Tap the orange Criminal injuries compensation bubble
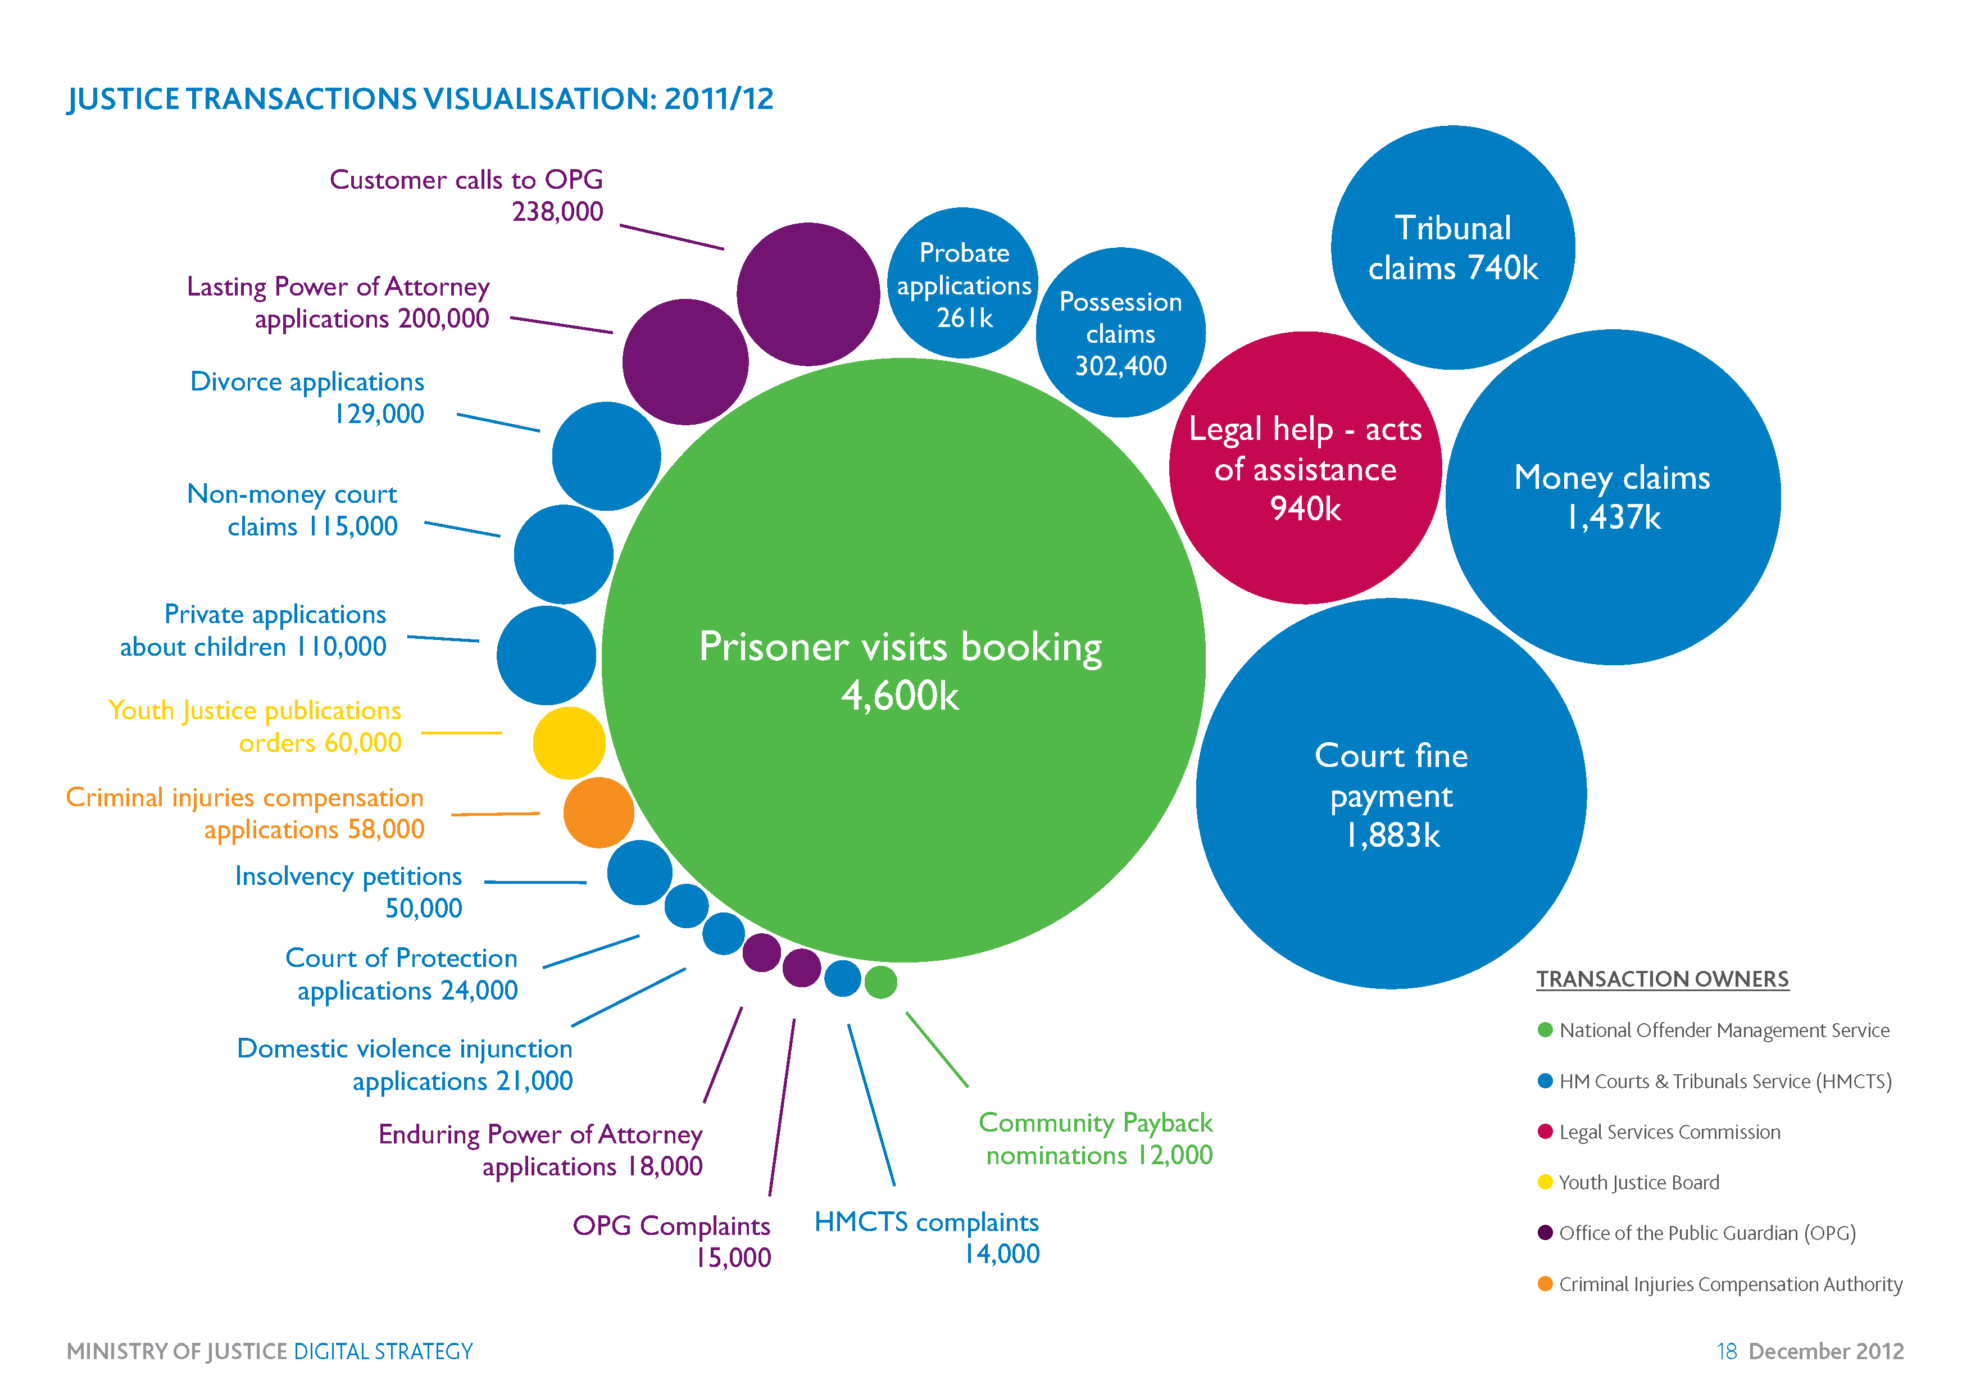(x=598, y=812)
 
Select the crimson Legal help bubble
(x=1304, y=468)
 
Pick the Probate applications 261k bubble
(x=962, y=283)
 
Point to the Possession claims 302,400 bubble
(x=1120, y=333)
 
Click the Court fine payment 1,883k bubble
(x=1391, y=794)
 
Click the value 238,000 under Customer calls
(x=557, y=211)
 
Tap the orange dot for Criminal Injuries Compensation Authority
(x=1545, y=1283)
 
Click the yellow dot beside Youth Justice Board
(x=1545, y=1182)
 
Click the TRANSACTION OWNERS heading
(x=1662, y=979)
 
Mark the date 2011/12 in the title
(x=719, y=99)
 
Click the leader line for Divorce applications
(x=498, y=423)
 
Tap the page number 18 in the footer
(x=1727, y=1352)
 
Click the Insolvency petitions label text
(x=348, y=877)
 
